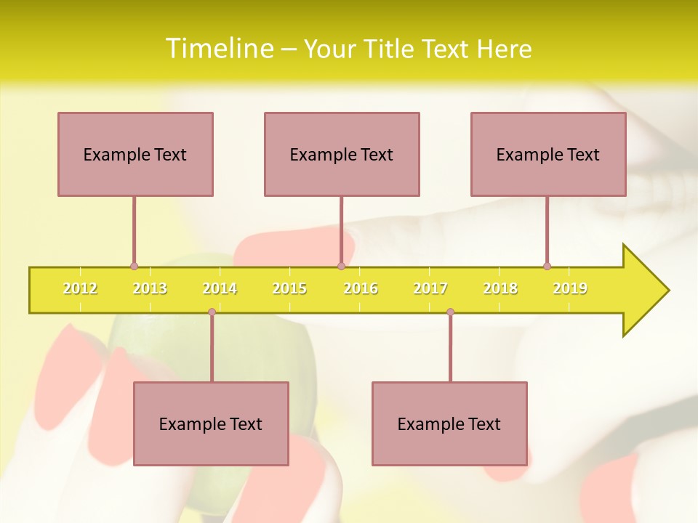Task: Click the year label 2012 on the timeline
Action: coord(80,288)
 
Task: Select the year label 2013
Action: coord(150,288)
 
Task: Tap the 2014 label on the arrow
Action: coord(220,288)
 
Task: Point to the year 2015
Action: coord(289,288)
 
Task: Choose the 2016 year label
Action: coord(361,288)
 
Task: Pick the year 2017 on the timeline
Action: coord(430,288)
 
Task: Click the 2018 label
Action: coord(500,288)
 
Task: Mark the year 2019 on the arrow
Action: coord(570,288)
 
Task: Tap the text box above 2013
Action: coord(135,154)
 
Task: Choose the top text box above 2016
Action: coord(342,154)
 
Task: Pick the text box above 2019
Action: coord(548,154)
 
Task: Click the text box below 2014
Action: coord(211,423)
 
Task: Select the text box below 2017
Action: coord(449,423)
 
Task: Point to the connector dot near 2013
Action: coord(134,267)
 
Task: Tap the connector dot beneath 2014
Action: coord(212,312)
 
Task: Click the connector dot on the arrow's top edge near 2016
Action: coord(341,267)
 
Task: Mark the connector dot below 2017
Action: coord(450,312)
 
